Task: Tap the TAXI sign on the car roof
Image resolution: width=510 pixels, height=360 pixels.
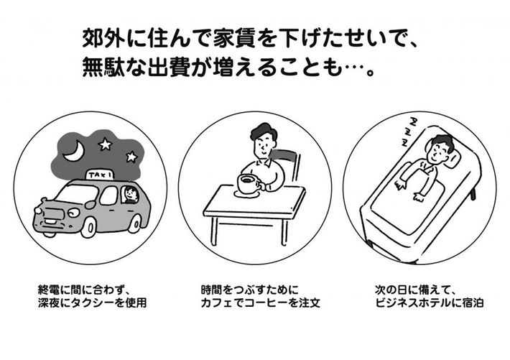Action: click(x=100, y=175)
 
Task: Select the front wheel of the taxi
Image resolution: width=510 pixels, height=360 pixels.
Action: click(x=88, y=226)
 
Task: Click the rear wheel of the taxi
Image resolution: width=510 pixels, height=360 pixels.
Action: click(x=134, y=223)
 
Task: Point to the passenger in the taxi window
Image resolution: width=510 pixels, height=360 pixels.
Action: click(x=131, y=195)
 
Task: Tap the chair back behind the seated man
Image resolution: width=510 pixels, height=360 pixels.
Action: click(x=289, y=165)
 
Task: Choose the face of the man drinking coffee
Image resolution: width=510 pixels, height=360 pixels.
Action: click(x=264, y=146)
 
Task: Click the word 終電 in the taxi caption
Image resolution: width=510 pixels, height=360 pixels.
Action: click(x=49, y=290)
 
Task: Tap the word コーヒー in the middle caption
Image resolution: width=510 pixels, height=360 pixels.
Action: click(x=266, y=303)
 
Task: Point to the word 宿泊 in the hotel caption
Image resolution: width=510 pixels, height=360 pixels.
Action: click(x=473, y=303)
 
